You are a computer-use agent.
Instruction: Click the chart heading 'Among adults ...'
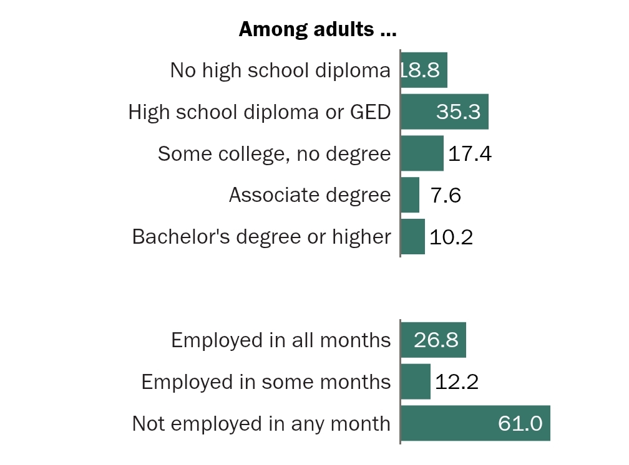click(x=318, y=29)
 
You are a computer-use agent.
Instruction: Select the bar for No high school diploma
click(x=424, y=70)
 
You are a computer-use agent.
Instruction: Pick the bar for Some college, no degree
click(x=422, y=153)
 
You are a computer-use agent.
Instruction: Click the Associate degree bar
click(x=410, y=195)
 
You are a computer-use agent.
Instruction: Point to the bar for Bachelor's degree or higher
click(x=412, y=237)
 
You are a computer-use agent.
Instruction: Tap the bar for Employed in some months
click(x=416, y=381)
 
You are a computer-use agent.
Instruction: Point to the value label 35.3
click(x=458, y=112)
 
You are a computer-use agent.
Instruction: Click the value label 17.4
click(x=470, y=154)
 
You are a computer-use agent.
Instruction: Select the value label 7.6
click(x=446, y=196)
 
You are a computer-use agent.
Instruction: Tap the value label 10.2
click(x=451, y=237)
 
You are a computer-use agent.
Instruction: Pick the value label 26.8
click(x=436, y=340)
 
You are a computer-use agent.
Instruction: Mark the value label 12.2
click(x=457, y=382)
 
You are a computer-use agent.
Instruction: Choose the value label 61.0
click(x=520, y=424)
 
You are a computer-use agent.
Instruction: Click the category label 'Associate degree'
click(x=310, y=195)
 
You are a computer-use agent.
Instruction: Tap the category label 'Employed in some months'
click(x=266, y=381)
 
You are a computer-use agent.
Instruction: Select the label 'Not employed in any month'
click(x=261, y=424)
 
